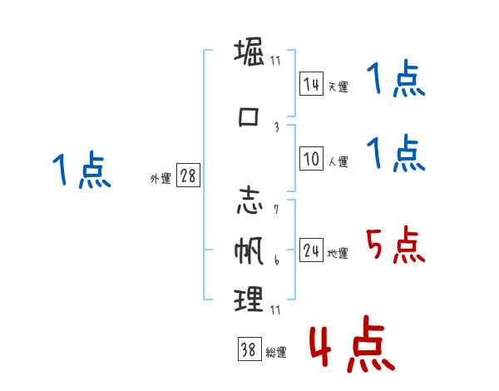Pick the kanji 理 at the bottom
pos(249,299)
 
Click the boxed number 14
pos(311,84)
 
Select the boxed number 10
pos(311,160)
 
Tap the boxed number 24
pos(311,251)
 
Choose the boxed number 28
pos(188,177)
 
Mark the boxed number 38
pos(249,350)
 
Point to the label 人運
pos(338,162)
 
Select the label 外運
pos(160,179)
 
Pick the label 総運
pos(276,353)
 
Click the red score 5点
pos(395,245)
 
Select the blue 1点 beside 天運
pos(395,82)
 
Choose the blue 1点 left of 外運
pos(81,171)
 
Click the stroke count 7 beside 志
pos(275,209)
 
